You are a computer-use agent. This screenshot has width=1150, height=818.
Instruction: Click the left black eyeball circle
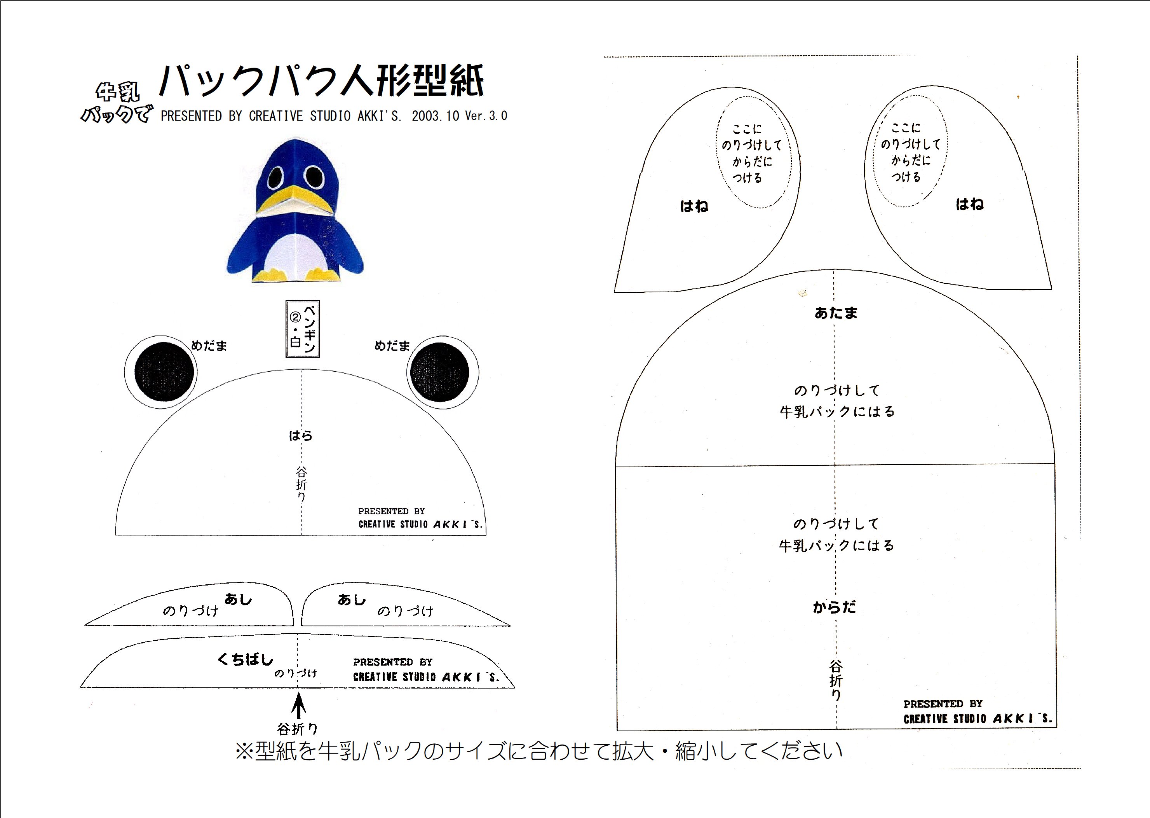(164, 372)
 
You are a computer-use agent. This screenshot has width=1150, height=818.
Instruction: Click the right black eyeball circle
(439, 372)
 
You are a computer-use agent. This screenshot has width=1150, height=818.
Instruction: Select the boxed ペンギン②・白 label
(303, 329)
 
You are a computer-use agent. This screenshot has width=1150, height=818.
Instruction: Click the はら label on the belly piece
(300, 435)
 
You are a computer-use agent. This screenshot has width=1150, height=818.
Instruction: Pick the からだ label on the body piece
(834, 607)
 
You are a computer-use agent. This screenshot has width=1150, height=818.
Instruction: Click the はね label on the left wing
(694, 206)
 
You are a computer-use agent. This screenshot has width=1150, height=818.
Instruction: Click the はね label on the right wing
(969, 204)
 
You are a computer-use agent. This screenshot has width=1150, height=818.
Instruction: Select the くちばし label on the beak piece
(245, 659)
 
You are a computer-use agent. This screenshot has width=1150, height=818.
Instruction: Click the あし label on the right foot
(351, 600)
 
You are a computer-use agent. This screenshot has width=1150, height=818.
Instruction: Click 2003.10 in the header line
(436, 116)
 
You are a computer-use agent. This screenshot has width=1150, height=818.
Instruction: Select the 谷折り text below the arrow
(298, 729)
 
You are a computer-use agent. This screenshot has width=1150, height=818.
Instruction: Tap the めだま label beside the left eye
(209, 346)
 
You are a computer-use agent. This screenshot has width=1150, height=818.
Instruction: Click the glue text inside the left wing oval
(751, 153)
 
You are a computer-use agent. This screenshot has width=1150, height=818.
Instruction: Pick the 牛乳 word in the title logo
(117, 92)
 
